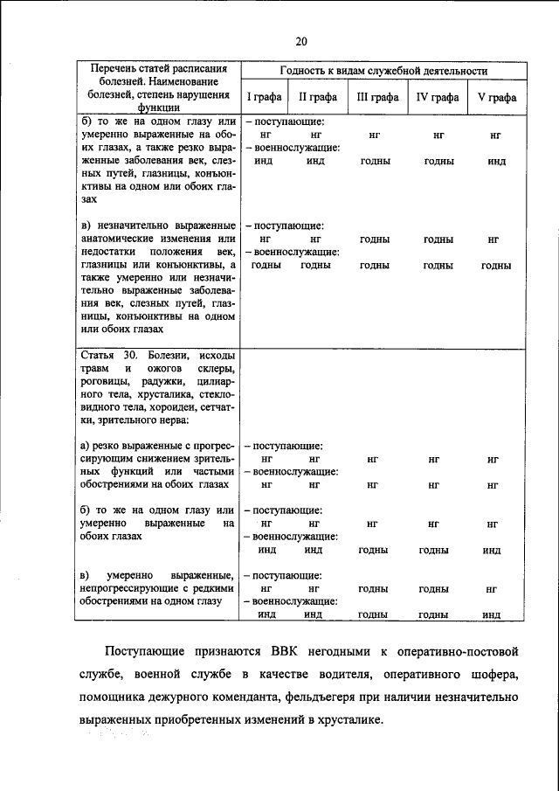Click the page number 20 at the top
(301, 41)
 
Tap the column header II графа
(314, 97)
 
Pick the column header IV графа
(437, 97)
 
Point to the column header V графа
(495, 97)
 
